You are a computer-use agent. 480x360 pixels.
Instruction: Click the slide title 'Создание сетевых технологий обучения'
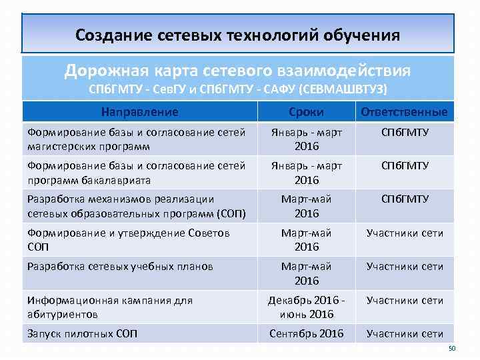pyautogui.click(x=238, y=34)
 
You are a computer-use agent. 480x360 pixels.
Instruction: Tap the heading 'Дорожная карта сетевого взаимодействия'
pyautogui.click(x=238, y=70)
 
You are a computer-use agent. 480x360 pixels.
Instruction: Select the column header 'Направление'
pyautogui.click(x=140, y=111)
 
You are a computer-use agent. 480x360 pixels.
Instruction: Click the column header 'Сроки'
pyautogui.click(x=307, y=111)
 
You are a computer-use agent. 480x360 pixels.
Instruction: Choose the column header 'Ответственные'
pyautogui.click(x=405, y=111)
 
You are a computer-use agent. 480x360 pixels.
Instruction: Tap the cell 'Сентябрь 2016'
pyautogui.click(x=307, y=333)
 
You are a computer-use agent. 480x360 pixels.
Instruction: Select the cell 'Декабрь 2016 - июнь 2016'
pyautogui.click(x=307, y=307)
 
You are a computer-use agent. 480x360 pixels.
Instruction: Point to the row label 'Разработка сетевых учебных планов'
pyautogui.click(x=120, y=266)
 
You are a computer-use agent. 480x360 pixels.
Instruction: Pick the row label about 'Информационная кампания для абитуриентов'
pyautogui.click(x=110, y=307)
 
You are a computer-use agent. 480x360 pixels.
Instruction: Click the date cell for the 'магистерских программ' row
pyautogui.click(x=307, y=139)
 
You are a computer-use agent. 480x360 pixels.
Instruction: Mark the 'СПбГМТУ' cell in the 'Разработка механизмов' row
pyautogui.click(x=405, y=199)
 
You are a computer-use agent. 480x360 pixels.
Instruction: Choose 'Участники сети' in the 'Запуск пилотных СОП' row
pyautogui.click(x=405, y=333)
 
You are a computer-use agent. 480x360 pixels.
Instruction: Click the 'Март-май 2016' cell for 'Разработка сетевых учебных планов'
pyautogui.click(x=307, y=273)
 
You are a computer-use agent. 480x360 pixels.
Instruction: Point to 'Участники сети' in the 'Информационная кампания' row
pyautogui.click(x=405, y=300)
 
